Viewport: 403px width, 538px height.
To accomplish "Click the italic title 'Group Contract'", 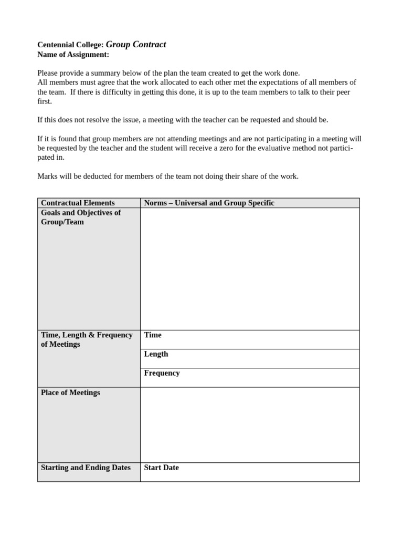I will (136, 45).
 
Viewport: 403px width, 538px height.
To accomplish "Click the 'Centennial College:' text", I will (70, 45).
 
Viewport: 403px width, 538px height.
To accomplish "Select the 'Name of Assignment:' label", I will (73, 55).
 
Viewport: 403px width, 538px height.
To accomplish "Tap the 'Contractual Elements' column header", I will (78, 203).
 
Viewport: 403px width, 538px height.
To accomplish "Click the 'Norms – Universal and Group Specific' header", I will (209, 203).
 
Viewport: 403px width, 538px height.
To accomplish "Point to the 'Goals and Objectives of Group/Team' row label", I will (80, 217).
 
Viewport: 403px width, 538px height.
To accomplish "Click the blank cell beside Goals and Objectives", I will (250, 268).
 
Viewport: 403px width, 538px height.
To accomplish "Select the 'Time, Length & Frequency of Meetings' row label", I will (87, 339).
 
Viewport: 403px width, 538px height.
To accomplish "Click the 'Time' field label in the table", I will (153, 335).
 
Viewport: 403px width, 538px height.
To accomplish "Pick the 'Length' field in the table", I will (156, 354).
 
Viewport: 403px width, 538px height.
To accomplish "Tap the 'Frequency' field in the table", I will (162, 373).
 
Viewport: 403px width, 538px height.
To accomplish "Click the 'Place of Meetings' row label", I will (70, 392).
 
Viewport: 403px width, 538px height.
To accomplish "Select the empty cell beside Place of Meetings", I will (250, 425).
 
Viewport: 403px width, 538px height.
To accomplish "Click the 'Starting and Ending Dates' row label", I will (86, 468).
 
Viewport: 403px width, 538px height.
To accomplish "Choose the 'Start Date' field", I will (161, 468).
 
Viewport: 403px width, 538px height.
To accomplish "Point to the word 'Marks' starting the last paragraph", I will (48, 177).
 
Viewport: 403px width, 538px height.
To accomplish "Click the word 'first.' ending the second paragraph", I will (45, 101).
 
